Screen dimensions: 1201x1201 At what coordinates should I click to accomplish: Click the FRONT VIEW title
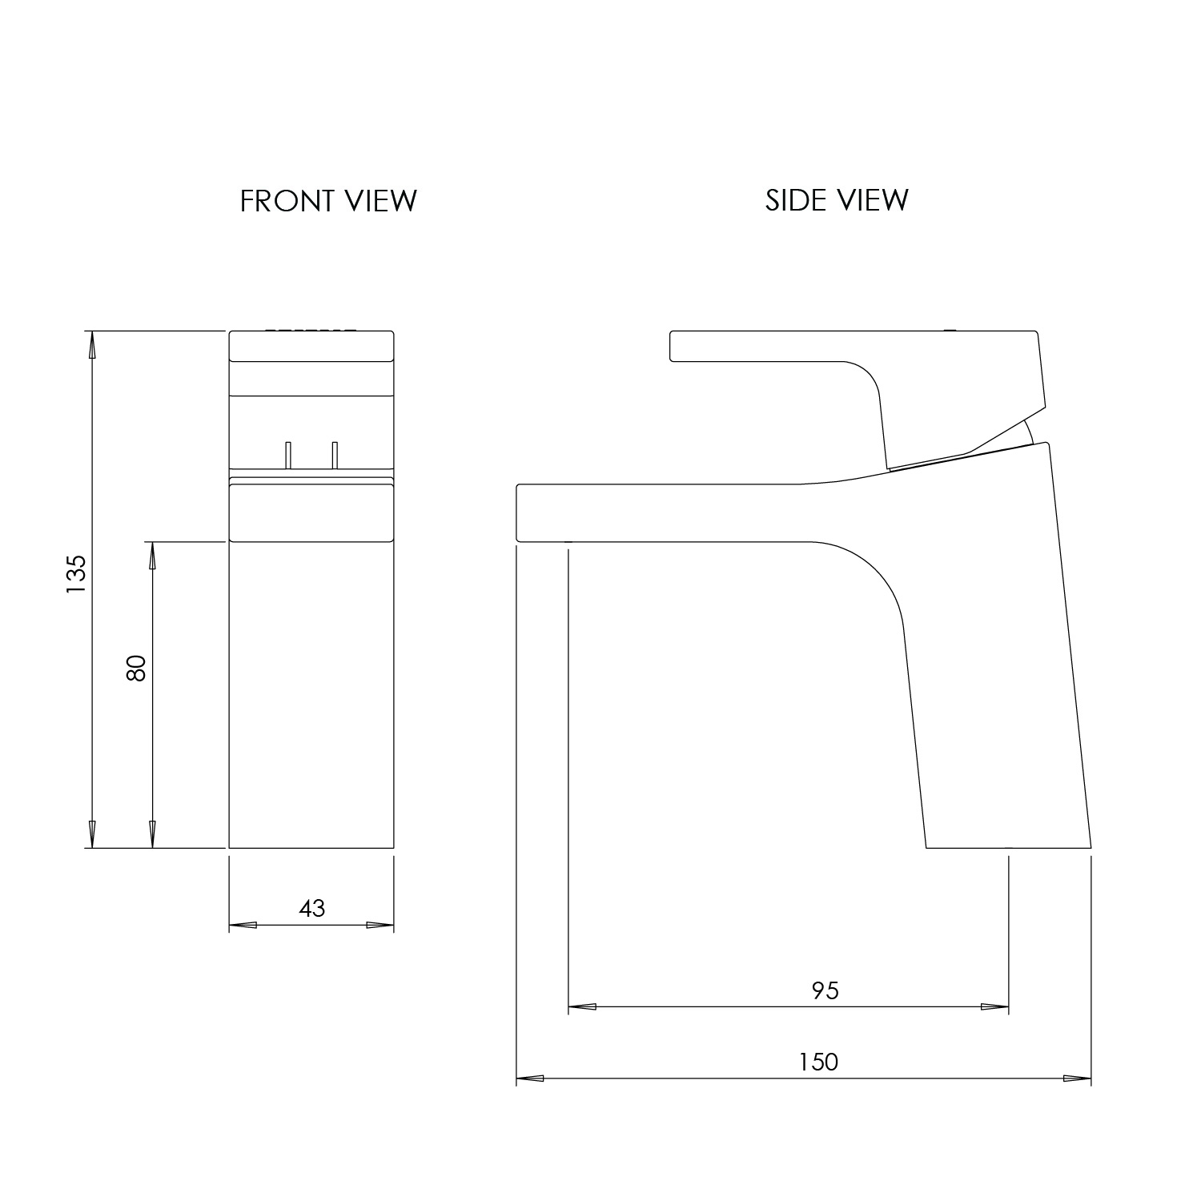(328, 200)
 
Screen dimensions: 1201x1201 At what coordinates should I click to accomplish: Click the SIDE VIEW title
(837, 199)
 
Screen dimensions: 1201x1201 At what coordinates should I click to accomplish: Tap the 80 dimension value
(137, 668)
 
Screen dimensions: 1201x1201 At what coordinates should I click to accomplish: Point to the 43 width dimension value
(312, 908)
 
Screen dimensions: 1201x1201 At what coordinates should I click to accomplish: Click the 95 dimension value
(825, 990)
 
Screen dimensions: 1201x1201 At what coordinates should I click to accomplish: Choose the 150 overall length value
(818, 1062)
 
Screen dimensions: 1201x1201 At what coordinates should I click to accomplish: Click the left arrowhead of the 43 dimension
(243, 926)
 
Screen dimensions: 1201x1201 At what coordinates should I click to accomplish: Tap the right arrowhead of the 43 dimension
(380, 926)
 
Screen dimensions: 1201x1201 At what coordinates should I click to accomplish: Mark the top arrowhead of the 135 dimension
(92, 345)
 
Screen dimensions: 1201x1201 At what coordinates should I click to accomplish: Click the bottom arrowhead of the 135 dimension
(92, 833)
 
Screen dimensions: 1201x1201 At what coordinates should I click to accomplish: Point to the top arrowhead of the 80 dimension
(151, 556)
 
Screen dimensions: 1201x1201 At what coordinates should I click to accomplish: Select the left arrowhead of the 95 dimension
(582, 1006)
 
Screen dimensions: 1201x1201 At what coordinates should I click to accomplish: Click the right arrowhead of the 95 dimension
(994, 1006)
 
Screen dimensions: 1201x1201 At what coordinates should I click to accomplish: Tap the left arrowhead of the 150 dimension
(530, 1078)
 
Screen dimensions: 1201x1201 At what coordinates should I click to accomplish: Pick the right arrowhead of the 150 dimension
(1077, 1078)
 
